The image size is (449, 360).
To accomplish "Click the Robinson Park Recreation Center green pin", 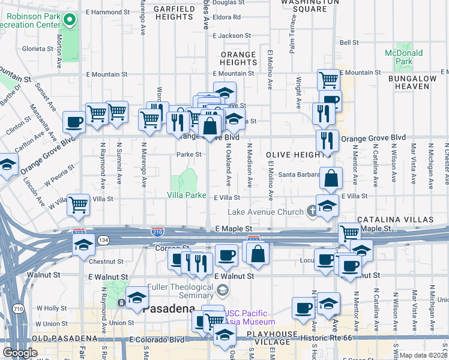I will click(x=70, y=20).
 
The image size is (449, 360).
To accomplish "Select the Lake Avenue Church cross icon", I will click(x=312, y=211).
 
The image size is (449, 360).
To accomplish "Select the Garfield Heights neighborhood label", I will click(x=173, y=13).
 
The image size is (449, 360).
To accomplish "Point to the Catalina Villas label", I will click(x=394, y=220).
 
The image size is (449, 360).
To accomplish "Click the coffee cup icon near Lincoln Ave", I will click(x=74, y=122).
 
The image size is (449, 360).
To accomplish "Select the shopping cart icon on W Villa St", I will click(x=79, y=205).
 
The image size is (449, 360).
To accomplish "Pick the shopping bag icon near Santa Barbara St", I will click(x=331, y=178).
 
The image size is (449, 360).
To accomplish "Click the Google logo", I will click(x=19, y=353).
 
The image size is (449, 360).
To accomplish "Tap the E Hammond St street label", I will click(x=107, y=11).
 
